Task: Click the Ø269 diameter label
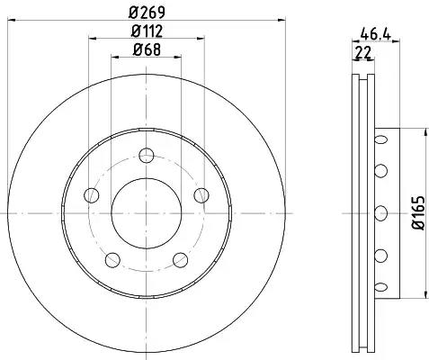147,13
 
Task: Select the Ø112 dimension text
147,31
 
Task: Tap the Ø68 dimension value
147,49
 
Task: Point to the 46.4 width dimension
376,34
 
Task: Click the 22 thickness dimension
362,53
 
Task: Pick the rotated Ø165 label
419,213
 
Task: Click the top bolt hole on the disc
147,155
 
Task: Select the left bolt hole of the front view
92,195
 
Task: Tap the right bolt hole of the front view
201,195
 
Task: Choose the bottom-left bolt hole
112,260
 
